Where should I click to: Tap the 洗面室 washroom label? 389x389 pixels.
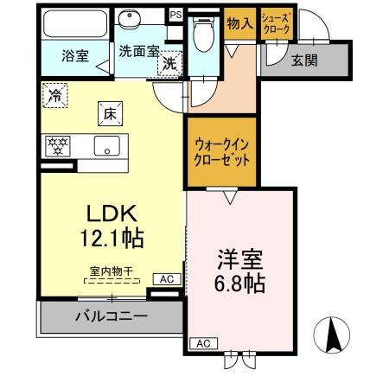click(x=138, y=50)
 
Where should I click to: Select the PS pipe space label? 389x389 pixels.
click(x=175, y=15)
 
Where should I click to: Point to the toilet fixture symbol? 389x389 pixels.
click(x=203, y=35)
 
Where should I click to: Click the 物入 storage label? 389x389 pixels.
click(x=239, y=24)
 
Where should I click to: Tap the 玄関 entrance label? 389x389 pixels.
click(x=304, y=61)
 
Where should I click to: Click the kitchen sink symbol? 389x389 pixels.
click(x=108, y=146)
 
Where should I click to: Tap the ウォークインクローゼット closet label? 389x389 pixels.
click(x=222, y=152)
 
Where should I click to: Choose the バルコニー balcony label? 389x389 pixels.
click(x=110, y=316)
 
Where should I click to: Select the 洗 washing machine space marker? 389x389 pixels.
click(x=171, y=63)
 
